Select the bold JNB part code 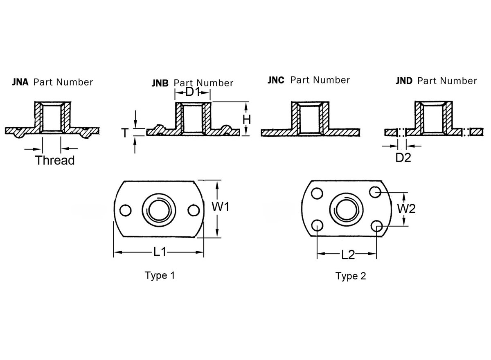pos(160,83)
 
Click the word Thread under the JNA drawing pos(55,160)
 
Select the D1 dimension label pos(193,92)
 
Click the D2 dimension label pos(403,157)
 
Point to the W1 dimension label pos(220,207)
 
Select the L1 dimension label pos(160,253)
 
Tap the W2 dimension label pos(407,209)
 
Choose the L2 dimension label pos(348,255)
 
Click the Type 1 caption pos(160,275)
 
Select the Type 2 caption pos(351,277)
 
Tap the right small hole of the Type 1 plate pos(193,210)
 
